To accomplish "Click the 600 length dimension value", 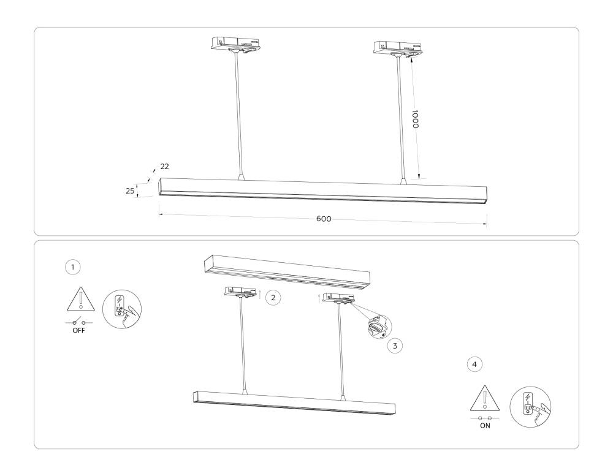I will pyautogui.click(x=324, y=219).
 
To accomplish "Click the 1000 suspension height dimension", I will pyautogui.click(x=415, y=119).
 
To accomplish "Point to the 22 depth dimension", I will pyautogui.click(x=164, y=167).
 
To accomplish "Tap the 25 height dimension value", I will pyautogui.click(x=130, y=191).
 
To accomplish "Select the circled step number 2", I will pyautogui.click(x=273, y=297).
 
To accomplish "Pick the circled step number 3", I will pyautogui.click(x=395, y=346).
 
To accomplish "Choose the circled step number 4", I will pyautogui.click(x=474, y=364).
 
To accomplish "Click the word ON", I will pyautogui.click(x=484, y=426).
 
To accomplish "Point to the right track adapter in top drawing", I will pyautogui.click(x=397, y=47).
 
